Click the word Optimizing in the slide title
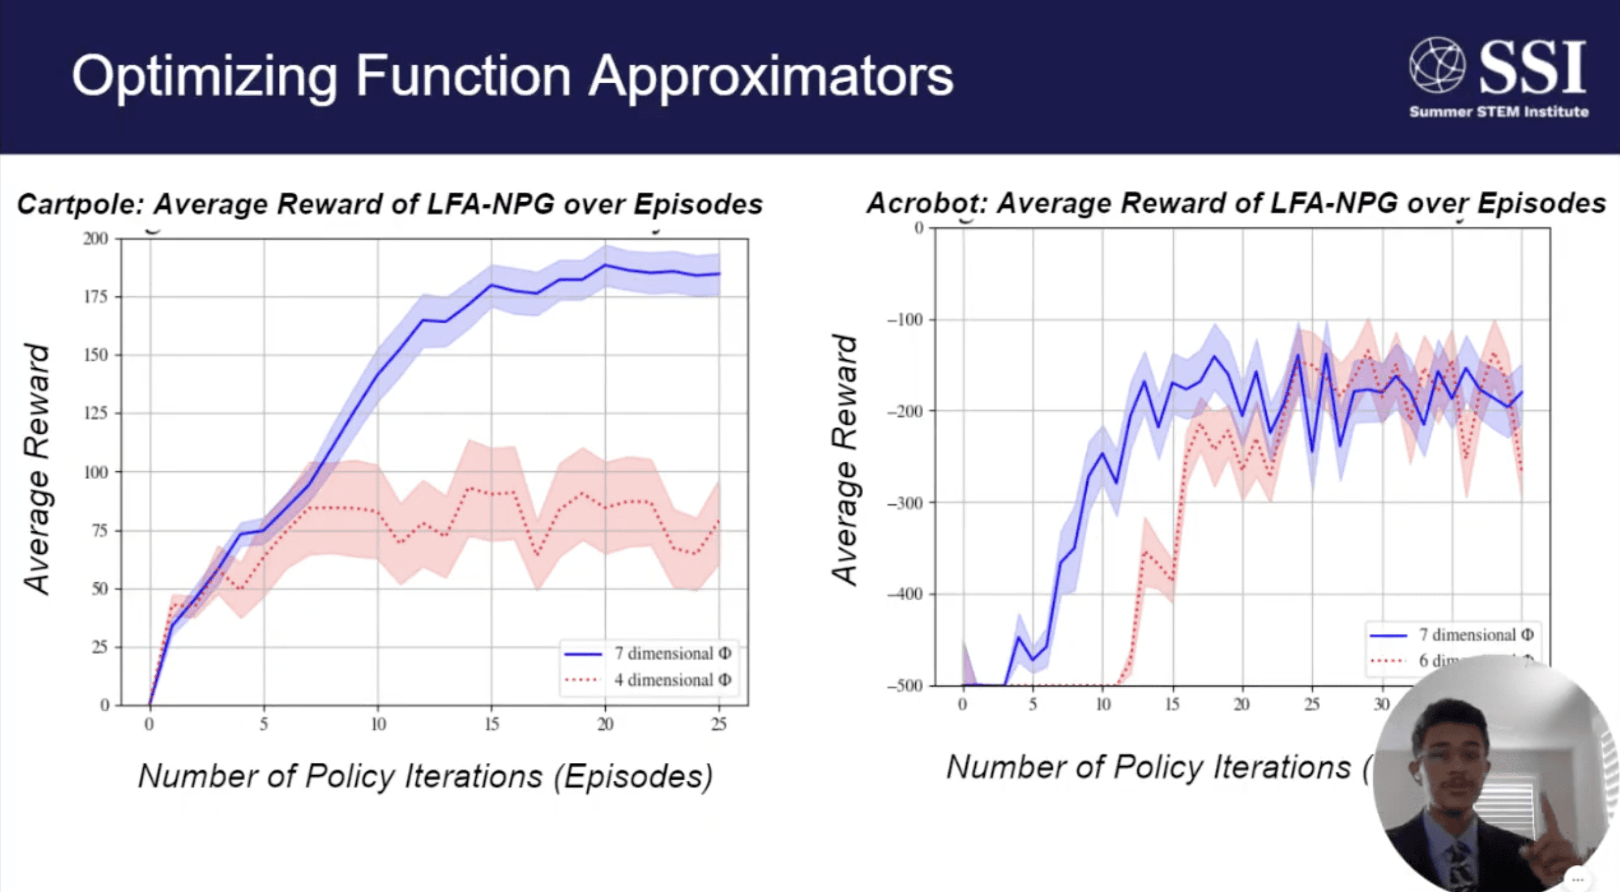point(204,77)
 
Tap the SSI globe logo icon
point(1437,65)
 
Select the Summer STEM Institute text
point(1498,112)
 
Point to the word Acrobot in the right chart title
point(927,203)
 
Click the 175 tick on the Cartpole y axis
point(96,297)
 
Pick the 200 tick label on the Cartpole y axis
point(96,239)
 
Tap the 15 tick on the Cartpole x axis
point(492,724)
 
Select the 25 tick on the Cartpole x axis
point(719,724)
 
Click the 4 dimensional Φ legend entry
point(671,680)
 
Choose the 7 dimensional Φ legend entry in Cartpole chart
point(671,654)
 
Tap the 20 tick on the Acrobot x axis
point(1242,704)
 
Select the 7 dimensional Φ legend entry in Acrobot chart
point(1475,635)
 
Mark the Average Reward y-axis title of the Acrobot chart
point(844,460)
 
